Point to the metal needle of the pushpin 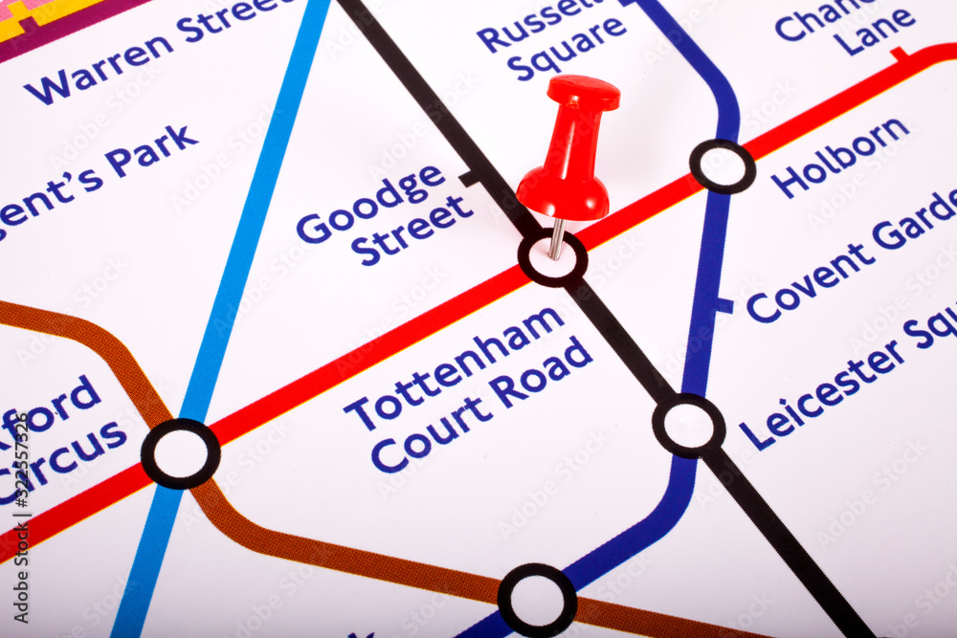coord(556,238)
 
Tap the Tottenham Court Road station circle coord(552,258)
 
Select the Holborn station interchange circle coord(723,166)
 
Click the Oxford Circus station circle coord(180,453)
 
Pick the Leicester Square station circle coord(688,425)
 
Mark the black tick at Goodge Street coord(469,178)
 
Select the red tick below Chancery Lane coord(899,54)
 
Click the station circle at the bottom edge coord(537,600)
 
